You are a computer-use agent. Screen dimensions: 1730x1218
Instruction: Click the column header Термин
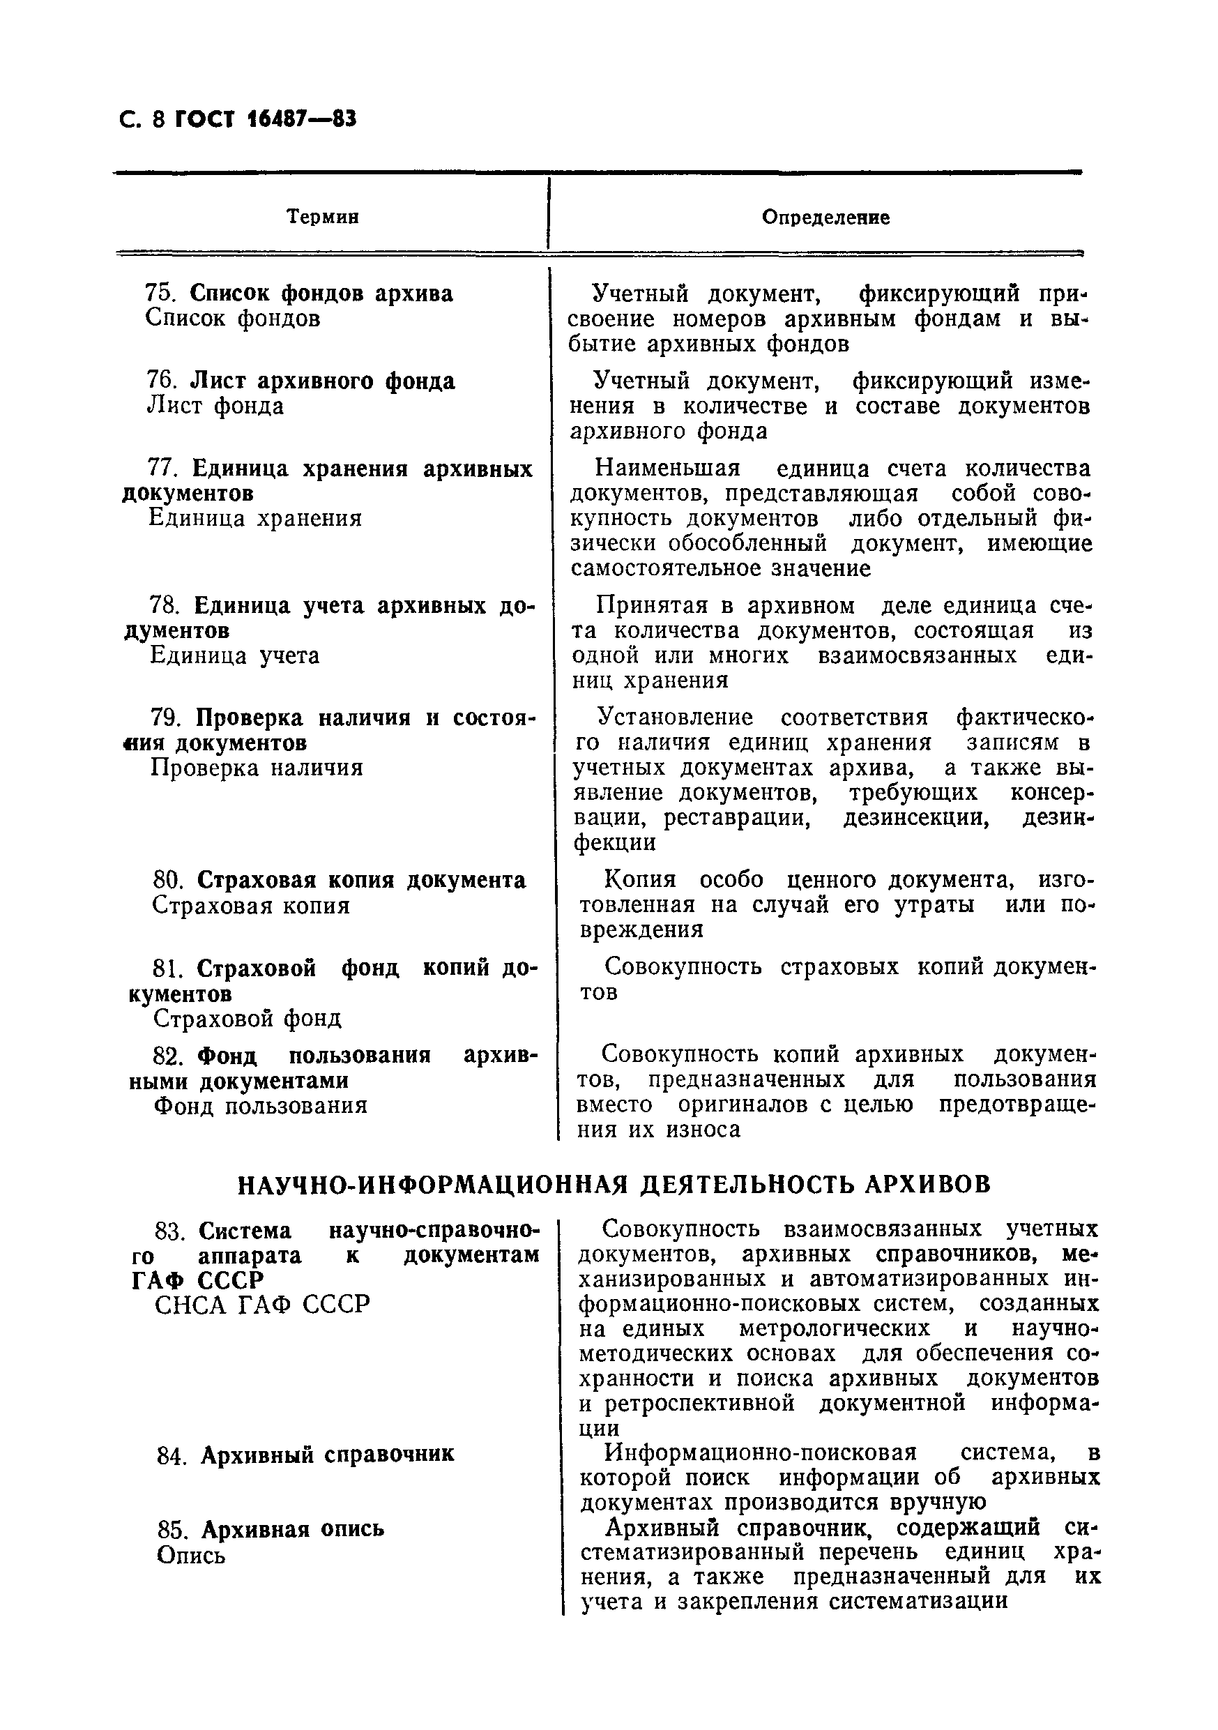(x=322, y=217)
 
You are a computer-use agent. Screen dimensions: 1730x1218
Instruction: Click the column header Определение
(x=825, y=217)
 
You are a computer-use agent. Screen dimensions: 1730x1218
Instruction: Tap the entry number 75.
(x=160, y=293)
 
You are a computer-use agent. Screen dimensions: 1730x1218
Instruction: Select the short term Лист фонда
(x=215, y=407)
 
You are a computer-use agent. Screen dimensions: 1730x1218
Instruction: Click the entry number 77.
(x=162, y=469)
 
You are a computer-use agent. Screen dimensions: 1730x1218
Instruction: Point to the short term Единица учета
(x=234, y=655)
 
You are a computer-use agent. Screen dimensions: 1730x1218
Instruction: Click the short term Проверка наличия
(x=257, y=768)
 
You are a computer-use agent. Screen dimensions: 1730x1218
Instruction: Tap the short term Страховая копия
(x=251, y=905)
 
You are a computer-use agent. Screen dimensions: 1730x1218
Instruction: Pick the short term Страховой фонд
(x=247, y=1019)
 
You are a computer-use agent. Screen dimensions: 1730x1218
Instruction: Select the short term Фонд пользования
(x=261, y=1105)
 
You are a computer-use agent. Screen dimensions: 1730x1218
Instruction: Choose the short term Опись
(x=190, y=1555)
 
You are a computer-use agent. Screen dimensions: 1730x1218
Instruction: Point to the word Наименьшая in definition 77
(x=667, y=469)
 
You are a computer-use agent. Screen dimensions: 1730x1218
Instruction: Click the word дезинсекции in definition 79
(x=916, y=817)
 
